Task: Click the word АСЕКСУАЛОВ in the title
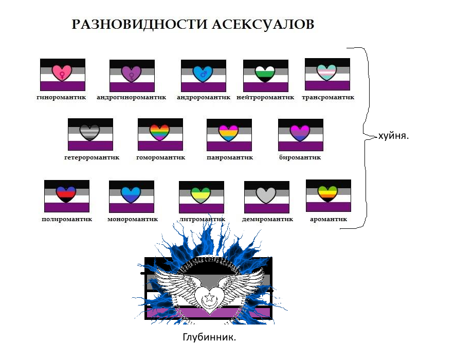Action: click(x=263, y=25)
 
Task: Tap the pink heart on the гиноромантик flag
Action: click(x=62, y=73)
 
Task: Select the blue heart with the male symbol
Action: click(x=203, y=74)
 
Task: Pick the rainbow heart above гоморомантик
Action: click(x=160, y=132)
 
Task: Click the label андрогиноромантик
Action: click(x=132, y=97)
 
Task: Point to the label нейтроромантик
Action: click(x=265, y=97)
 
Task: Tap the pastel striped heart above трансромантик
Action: click(x=326, y=73)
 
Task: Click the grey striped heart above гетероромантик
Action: click(x=89, y=132)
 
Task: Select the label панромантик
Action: click(x=230, y=157)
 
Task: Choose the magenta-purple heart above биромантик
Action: click(x=300, y=133)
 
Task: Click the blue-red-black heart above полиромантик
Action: click(x=66, y=194)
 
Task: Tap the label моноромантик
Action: click(x=133, y=219)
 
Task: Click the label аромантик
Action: click(x=329, y=219)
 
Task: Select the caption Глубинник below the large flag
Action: click(x=209, y=337)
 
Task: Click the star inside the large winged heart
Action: click(x=209, y=298)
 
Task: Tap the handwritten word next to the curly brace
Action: click(x=393, y=136)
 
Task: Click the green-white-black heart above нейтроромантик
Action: click(x=265, y=74)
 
